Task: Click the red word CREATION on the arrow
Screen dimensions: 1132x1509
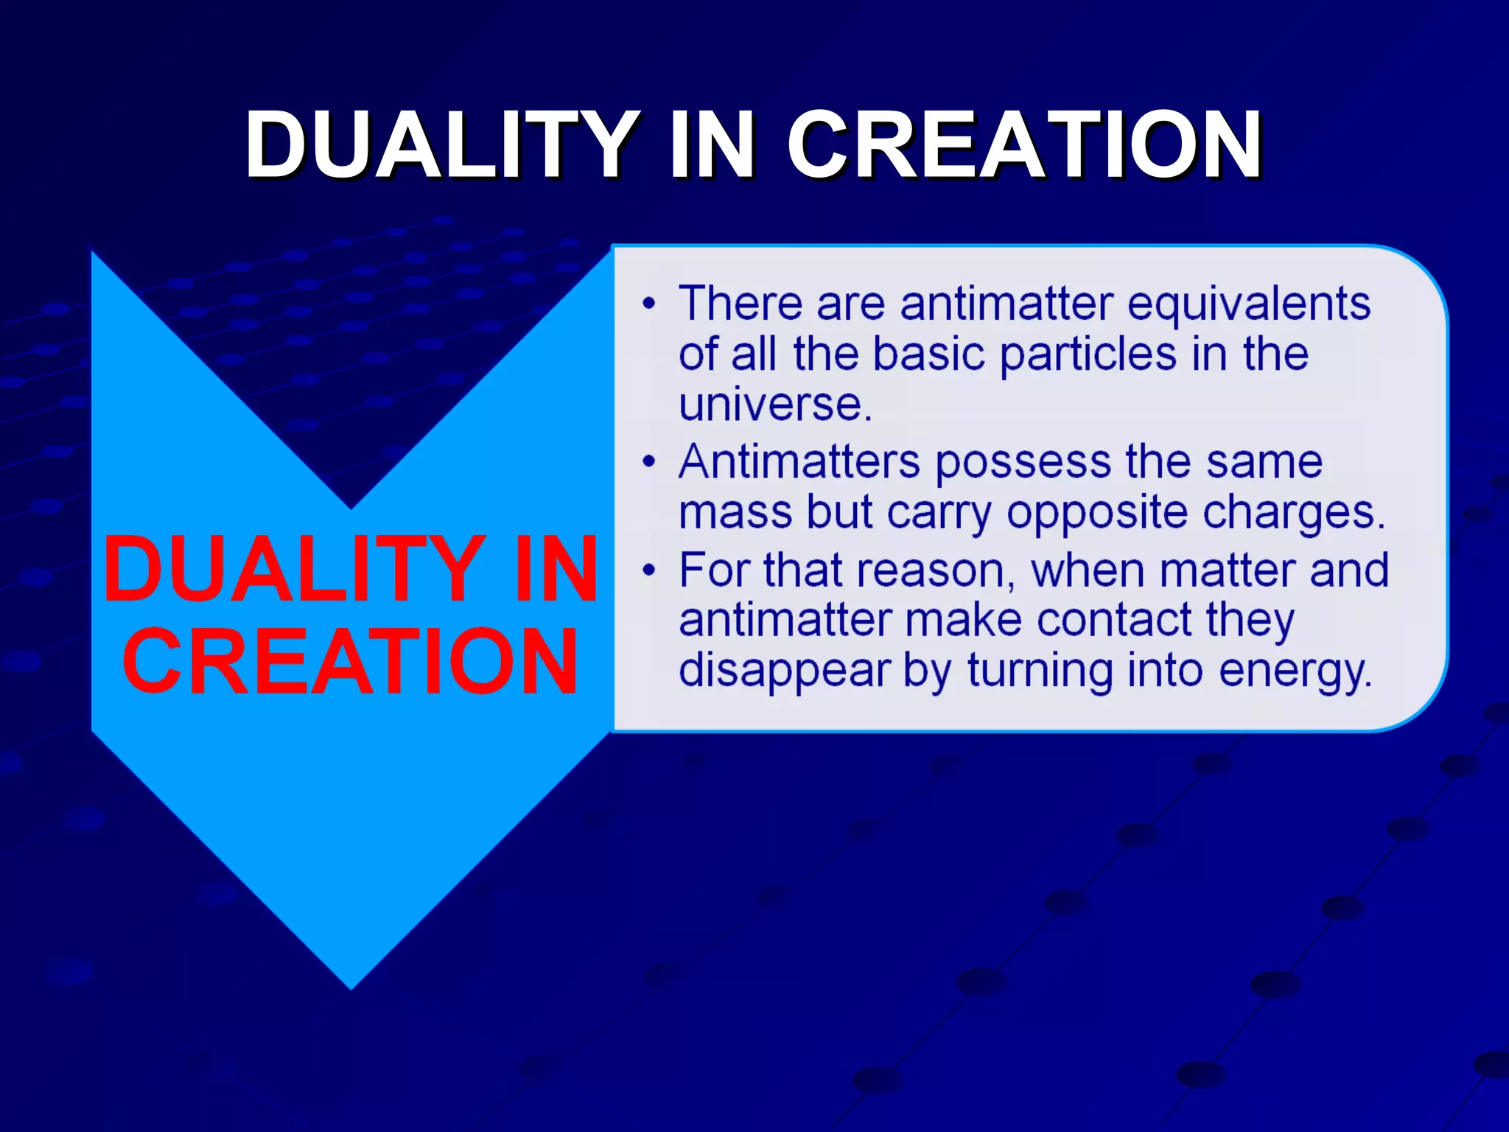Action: coord(351,661)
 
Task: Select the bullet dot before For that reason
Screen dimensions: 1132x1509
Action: coord(648,570)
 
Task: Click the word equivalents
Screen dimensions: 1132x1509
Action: coord(1248,304)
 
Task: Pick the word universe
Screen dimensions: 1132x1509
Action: coord(775,405)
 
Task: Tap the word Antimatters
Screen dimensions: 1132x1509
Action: coord(799,463)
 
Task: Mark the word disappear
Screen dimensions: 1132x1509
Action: coord(785,671)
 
